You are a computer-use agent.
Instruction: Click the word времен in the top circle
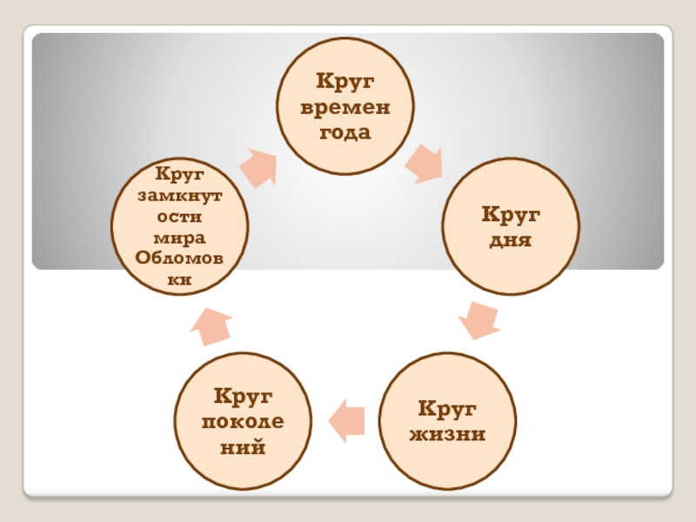[x=345, y=109]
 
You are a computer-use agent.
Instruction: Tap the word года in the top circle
[x=345, y=133]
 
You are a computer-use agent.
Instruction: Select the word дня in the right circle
[x=512, y=238]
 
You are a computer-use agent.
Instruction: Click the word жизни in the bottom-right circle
[x=447, y=432]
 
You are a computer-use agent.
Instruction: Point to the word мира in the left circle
[x=179, y=238]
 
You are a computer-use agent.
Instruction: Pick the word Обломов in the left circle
[x=179, y=259]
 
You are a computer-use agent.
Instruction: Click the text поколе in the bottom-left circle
[x=243, y=422]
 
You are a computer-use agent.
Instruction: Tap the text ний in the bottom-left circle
[x=243, y=449]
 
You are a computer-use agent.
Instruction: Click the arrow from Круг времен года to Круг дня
[x=424, y=164]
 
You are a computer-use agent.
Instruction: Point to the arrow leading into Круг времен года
[x=258, y=166]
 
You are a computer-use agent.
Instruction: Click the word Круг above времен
[x=345, y=83]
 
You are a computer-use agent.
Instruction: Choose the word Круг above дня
[x=512, y=213]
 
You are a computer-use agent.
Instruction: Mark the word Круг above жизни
[x=447, y=407]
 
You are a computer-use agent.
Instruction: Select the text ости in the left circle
[x=179, y=216]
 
